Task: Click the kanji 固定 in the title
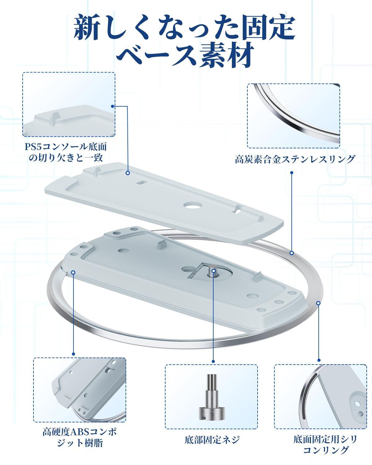point(268,28)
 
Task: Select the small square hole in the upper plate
point(142,183)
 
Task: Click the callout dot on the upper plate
point(128,173)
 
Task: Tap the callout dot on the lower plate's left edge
point(73,272)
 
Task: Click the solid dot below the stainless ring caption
point(292,173)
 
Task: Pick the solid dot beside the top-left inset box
point(113,106)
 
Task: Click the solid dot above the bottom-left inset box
point(73,354)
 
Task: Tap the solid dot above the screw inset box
point(213,361)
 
